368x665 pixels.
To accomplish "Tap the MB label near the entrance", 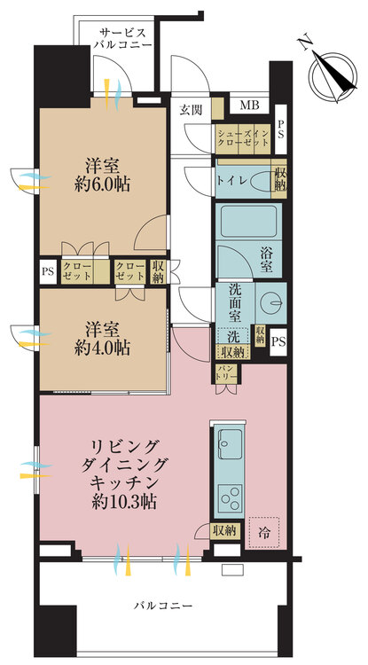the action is point(249,105).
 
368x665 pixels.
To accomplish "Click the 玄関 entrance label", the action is point(191,110).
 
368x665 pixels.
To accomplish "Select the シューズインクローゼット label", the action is point(242,138).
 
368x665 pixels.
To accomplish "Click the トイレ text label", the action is point(232,179).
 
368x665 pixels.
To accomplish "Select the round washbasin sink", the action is point(270,303).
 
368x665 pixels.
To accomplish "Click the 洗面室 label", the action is point(235,303).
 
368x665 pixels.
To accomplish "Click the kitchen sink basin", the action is point(231,444).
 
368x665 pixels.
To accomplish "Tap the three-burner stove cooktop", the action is point(231,497).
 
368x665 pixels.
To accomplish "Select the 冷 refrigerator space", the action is point(263,533).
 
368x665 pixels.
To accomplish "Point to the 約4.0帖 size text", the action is point(102,348).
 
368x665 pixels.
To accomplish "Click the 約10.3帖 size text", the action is point(124,502).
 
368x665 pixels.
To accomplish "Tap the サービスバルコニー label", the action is point(123,38).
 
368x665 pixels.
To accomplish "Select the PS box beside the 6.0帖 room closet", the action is point(48,271).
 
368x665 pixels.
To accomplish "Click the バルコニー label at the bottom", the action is point(163,606).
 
